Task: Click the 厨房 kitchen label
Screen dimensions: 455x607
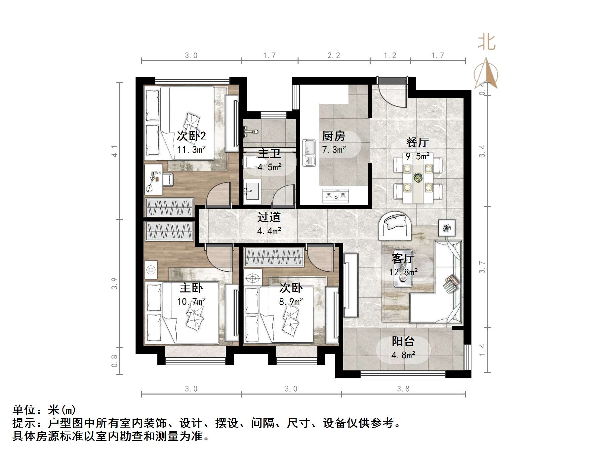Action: pos(334,136)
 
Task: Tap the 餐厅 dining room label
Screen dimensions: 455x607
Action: pos(417,142)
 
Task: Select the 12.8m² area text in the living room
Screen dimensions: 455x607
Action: pos(403,272)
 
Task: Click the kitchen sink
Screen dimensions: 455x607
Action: pos(309,153)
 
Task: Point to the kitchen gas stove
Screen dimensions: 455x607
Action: pos(335,196)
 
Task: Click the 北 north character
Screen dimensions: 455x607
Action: pos(486,43)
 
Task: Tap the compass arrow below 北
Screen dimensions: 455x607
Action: pos(486,73)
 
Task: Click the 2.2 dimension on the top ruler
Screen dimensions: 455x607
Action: pos(334,56)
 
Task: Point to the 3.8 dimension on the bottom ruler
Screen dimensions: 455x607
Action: pos(403,389)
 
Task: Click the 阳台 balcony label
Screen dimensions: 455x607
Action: pos(403,341)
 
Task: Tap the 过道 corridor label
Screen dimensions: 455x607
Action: pos(269,217)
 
